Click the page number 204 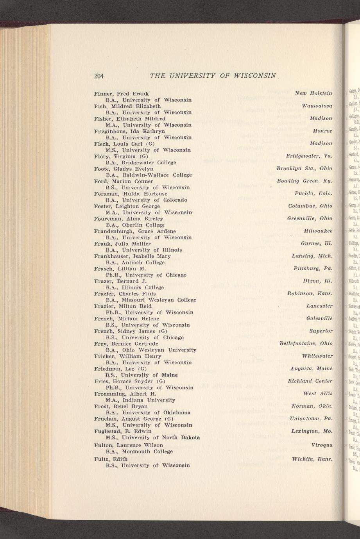coord(99,76)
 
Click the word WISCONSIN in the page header coord(255,75)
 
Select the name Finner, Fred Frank coord(121,94)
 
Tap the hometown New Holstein coord(313,93)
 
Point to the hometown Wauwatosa coord(317,106)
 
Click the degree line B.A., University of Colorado coord(146,200)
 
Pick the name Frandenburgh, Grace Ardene coord(135,231)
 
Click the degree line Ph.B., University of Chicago coord(146,275)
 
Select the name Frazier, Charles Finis coord(125,294)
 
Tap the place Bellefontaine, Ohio coord(306,343)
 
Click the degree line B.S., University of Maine coord(141,375)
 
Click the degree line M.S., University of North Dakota coord(152,437)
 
